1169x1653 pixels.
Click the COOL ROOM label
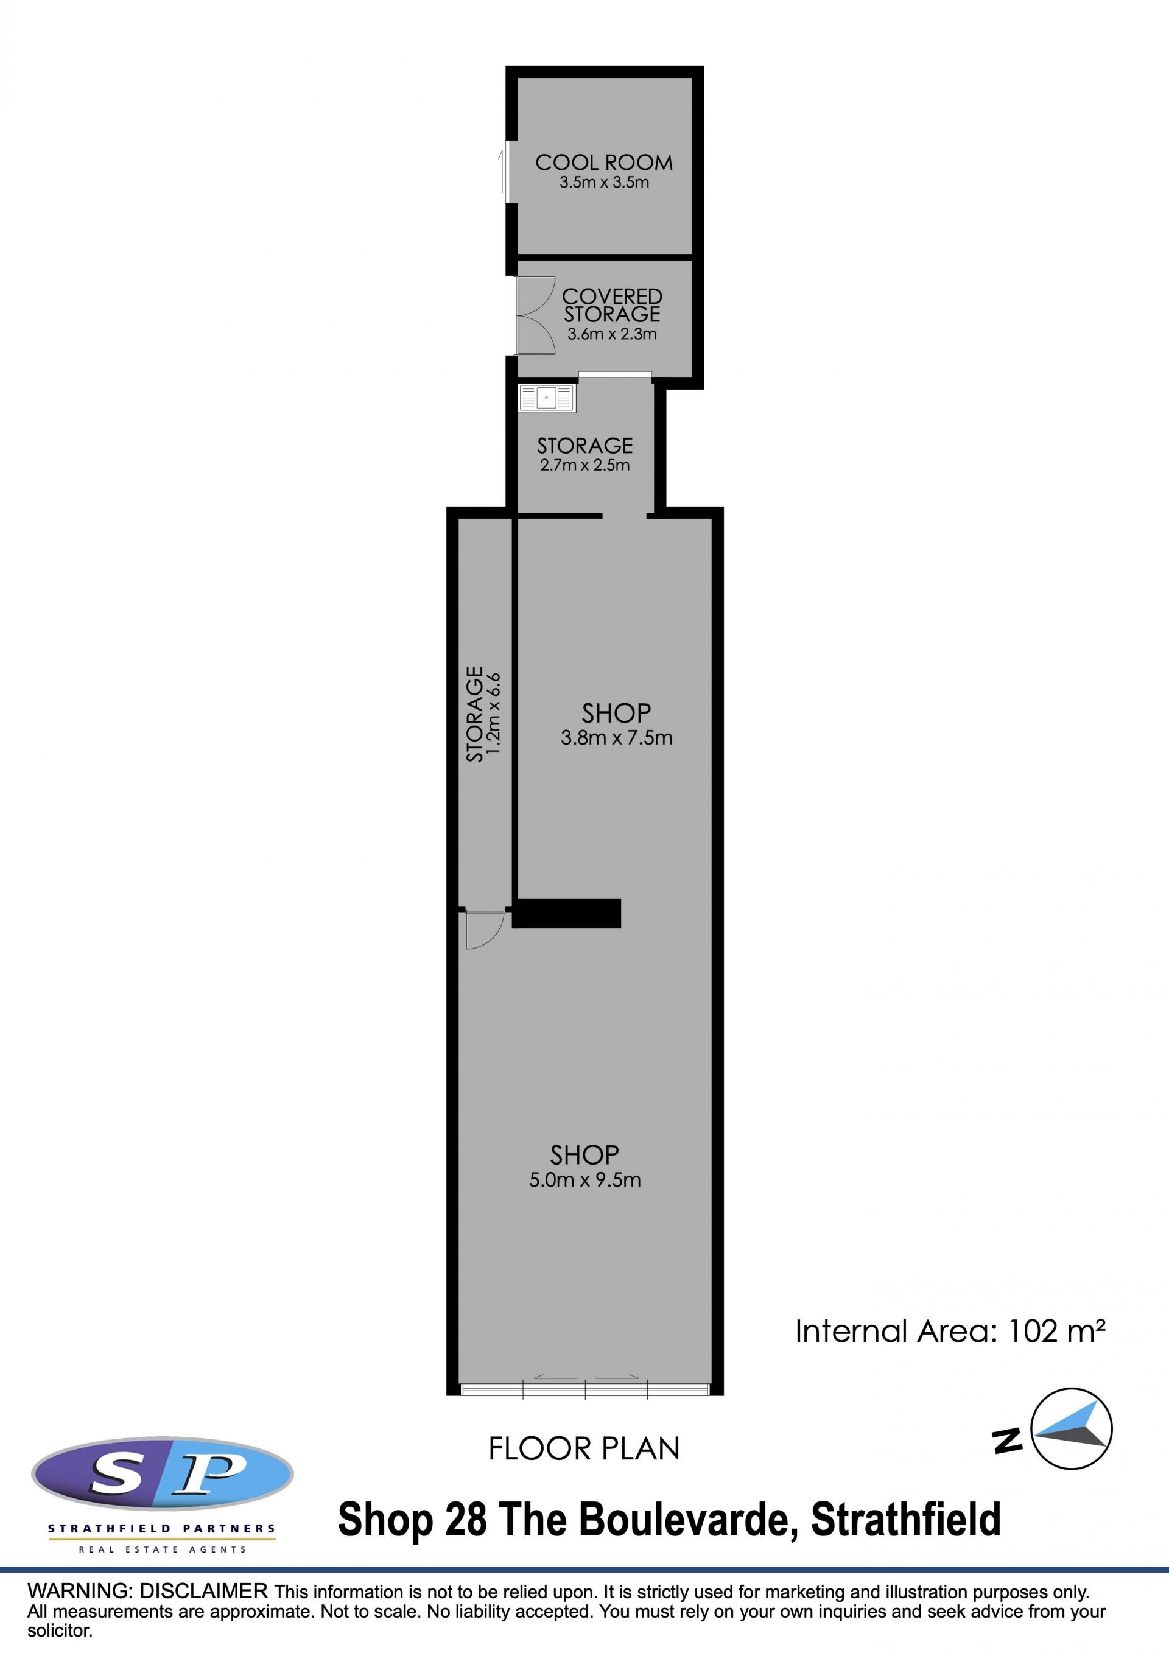tap(604, 163)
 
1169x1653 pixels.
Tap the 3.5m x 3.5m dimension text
tap(605, 182)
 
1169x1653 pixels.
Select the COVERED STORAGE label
tap(612, 305)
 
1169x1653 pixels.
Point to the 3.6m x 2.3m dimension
tap(612, 334)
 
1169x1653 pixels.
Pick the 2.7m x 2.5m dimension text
tap(585, 465)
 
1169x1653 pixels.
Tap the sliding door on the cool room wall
tap(506, 171)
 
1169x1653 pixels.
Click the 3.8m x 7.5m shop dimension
tap(617, 738)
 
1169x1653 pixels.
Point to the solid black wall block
tap(566, 913)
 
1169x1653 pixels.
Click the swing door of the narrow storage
tap(483, 930)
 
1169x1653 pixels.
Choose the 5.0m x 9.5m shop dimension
tap(585, 1180)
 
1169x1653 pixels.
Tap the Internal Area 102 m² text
tap(950, 1332)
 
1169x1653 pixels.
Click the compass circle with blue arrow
tap(1072, 1429)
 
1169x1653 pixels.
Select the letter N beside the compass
tap(1008, 1440)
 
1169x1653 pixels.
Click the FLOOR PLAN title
tap(584, 1449)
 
